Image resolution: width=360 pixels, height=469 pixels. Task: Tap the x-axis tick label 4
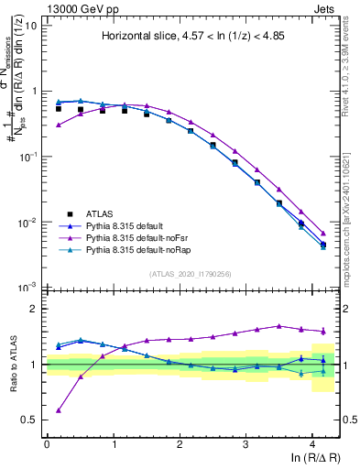[x=312, y=443]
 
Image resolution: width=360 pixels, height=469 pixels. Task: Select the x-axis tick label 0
[x=47, y=443]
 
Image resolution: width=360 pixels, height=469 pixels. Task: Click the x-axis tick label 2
[x=180, y=443]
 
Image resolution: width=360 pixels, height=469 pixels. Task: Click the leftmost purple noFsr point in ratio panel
[x=59, y=410]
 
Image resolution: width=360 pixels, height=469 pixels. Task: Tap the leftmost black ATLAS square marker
[x=59, y=109]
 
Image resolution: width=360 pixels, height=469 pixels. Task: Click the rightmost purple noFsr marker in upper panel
[x=322, y=233]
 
